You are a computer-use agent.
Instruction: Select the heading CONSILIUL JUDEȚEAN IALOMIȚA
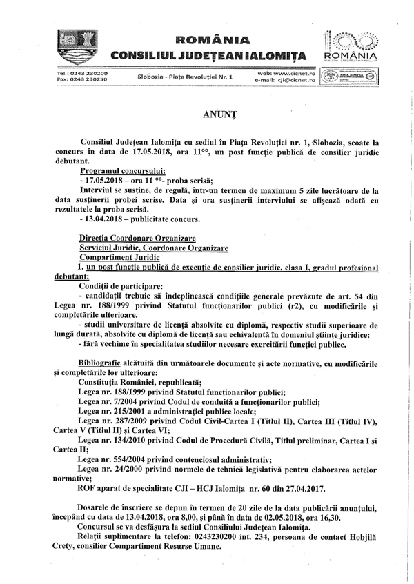[x=213, y=54]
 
